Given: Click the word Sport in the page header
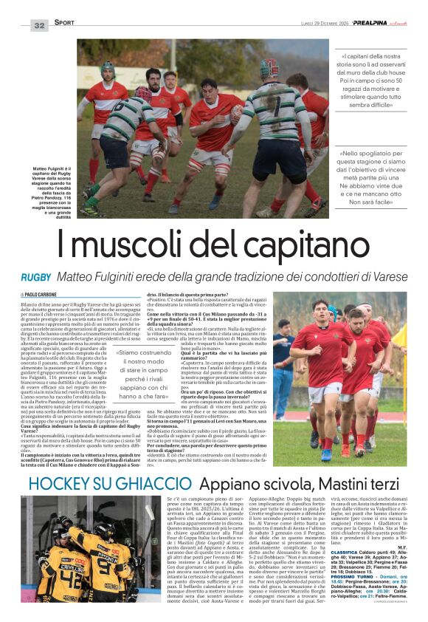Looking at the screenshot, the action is tap(65, 24).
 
